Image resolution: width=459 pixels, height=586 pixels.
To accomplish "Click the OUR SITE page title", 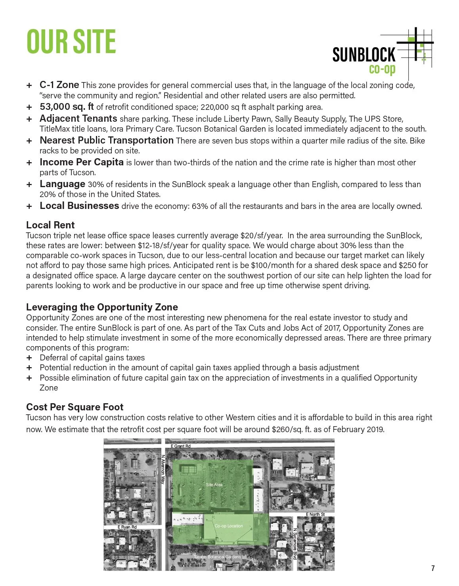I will (71, 41).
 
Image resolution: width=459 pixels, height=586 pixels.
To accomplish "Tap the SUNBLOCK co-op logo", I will (382, 54).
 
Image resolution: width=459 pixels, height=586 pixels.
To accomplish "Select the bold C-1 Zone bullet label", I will (59, 85).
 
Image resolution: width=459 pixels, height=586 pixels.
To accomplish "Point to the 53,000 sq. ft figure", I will (67, 107).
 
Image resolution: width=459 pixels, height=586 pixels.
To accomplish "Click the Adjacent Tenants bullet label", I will (78, 119).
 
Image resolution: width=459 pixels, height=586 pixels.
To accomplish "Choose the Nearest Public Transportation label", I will (106, 140).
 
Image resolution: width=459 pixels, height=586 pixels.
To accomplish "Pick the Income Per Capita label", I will (81, 162).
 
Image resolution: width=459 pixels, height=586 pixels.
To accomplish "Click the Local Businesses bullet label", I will (79, 206).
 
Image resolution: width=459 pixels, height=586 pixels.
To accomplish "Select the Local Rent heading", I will (50, 225).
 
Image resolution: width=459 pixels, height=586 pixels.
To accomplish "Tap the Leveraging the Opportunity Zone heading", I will (102, 307).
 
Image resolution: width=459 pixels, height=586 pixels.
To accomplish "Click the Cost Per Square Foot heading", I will (75, 407).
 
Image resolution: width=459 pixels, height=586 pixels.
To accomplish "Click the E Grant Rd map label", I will (180, 446).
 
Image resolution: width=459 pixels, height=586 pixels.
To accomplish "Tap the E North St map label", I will (315, 514).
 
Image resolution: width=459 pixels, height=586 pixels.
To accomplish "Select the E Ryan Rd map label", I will (127, 527).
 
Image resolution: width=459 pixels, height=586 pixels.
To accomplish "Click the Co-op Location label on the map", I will (229, 526).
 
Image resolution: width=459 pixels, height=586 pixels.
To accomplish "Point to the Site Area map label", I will (214, 485).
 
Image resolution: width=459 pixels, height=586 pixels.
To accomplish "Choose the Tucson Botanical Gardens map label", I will (217, 557).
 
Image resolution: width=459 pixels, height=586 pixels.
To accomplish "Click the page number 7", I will (433, 568).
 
